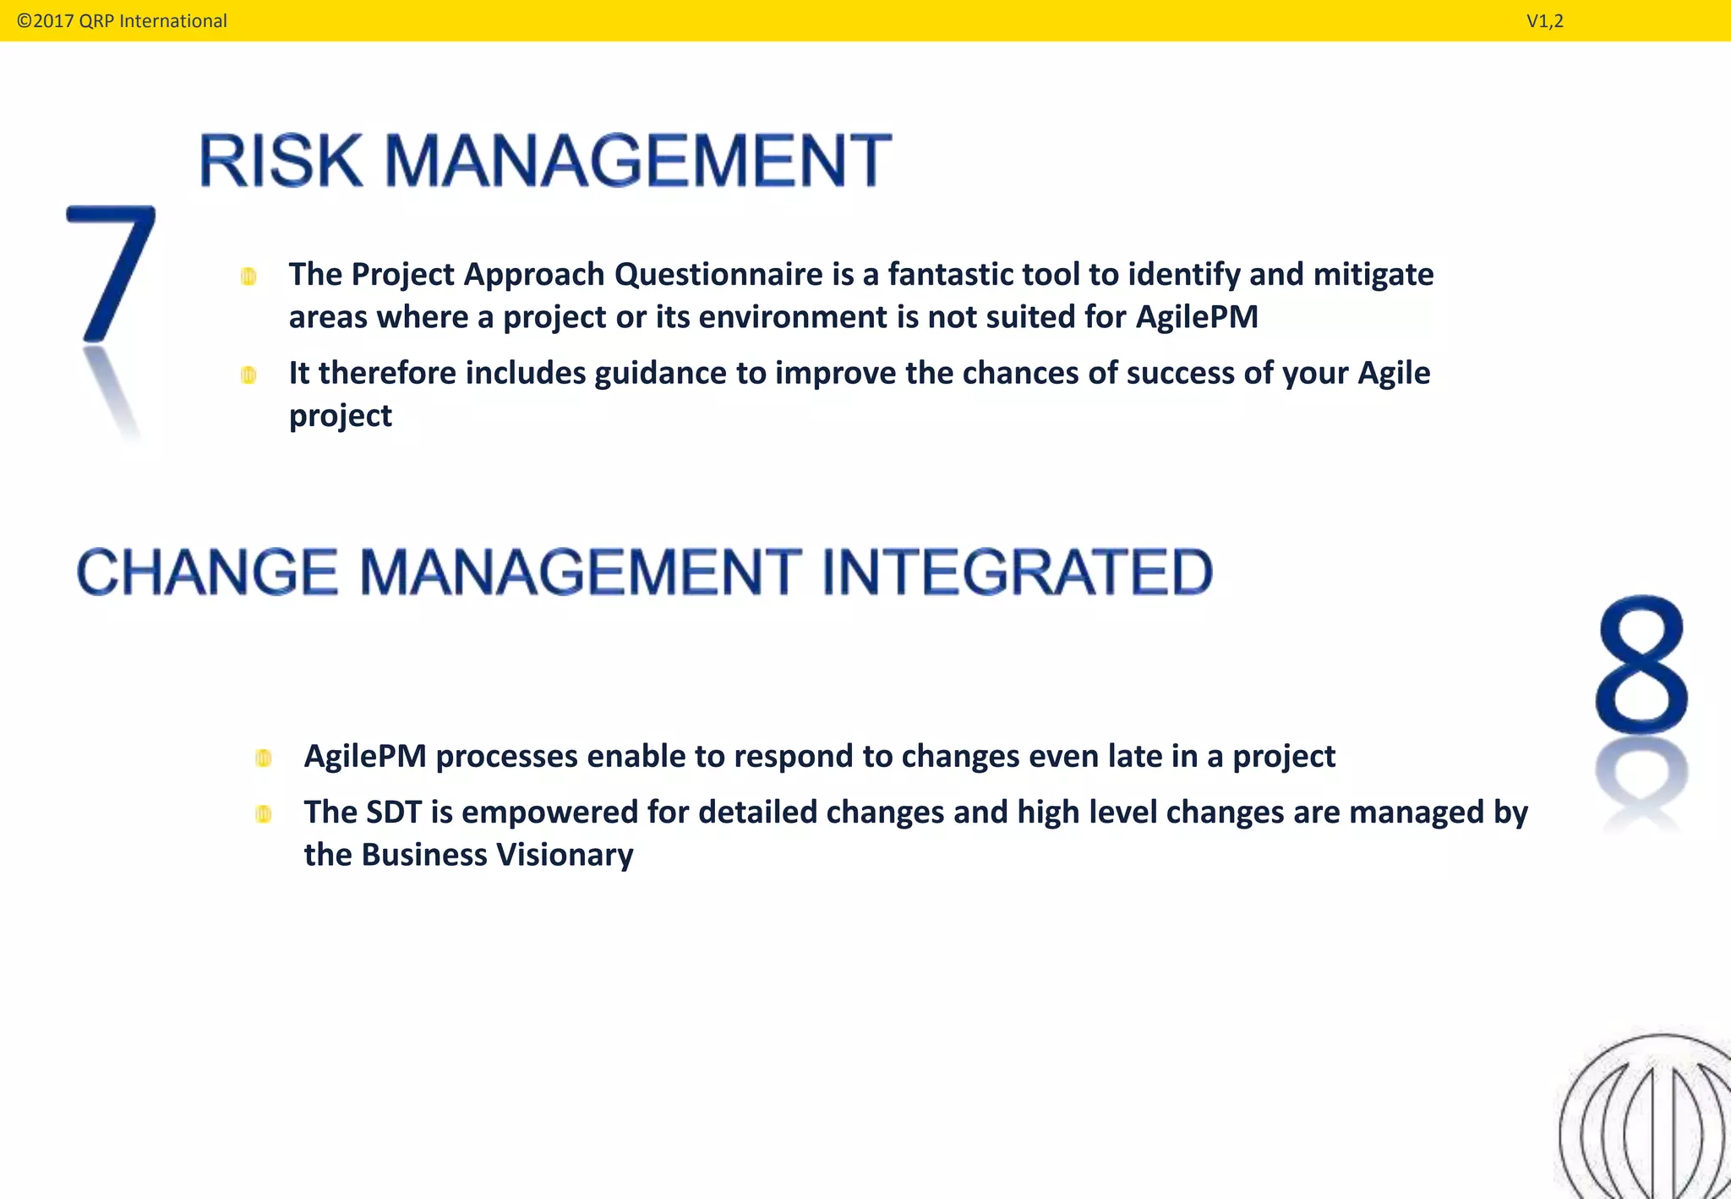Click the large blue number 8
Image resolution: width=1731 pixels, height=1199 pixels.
pos(1641,665)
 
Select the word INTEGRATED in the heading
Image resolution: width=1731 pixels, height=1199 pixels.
pos(1017,572)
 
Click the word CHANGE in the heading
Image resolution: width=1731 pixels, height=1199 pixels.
pos(208,572)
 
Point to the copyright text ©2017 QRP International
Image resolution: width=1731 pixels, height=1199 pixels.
pos(122,21)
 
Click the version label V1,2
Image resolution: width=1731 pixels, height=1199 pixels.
pos(1544,21)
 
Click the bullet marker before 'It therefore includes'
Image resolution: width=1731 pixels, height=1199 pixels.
pos(248,375)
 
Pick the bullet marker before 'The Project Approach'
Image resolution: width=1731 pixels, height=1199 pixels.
pos(248,276)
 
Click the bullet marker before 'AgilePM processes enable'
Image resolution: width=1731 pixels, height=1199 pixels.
pos(264,758)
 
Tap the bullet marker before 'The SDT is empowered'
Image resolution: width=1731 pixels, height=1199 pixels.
pos(264,814)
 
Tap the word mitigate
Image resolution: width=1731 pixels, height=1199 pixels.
pos(1373,275)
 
